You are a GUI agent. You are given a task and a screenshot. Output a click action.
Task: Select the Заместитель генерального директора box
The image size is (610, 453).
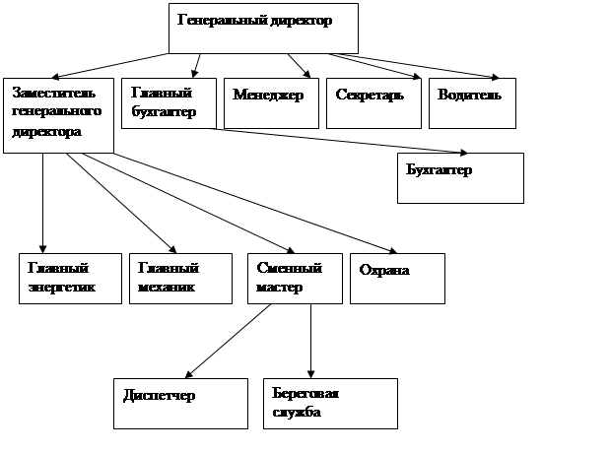(58, 114)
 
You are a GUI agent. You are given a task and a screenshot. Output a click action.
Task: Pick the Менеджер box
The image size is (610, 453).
(271, 101)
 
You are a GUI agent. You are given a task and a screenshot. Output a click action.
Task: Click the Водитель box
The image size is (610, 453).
(472, 101)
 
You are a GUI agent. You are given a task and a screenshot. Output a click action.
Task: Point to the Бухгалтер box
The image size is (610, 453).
(459, 177)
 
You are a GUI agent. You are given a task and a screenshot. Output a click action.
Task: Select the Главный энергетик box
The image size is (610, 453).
(69, 279)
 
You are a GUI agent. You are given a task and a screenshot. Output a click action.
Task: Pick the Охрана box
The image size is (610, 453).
(397, 279)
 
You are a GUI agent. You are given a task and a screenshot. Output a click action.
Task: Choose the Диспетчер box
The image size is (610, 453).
(179, 403)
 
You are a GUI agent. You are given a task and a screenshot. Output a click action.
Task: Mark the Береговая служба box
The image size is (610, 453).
(330, 403)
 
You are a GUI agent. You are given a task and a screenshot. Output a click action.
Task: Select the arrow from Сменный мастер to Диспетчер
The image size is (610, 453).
(229, 341)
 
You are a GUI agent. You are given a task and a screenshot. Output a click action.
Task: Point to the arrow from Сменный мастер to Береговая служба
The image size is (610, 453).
(311, 341)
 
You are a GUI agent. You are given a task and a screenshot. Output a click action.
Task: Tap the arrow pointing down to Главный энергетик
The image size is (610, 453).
(43, 202)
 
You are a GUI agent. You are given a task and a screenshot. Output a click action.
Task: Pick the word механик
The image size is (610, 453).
(166, 288)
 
